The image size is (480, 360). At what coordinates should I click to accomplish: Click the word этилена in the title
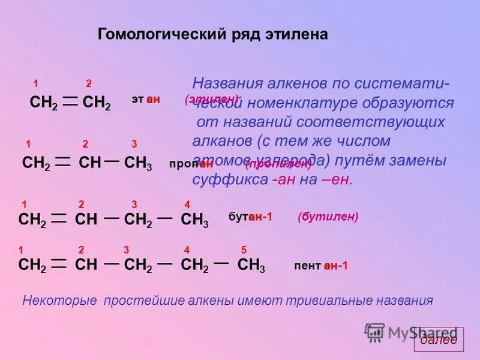click(x=298, y=34)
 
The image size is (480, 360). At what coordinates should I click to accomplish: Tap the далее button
click(x=438, y=340)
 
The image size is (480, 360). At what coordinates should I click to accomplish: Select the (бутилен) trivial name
click(x=328, y=217)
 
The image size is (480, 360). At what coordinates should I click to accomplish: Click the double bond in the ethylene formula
click(x=70, y=103)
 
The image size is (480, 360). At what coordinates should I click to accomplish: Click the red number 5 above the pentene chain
click(x=244, y=250)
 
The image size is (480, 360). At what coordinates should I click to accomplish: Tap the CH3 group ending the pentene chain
click(x=251, y=265)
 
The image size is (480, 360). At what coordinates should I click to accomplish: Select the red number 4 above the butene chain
click(x=187, y=205)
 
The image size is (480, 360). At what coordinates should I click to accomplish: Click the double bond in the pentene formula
click(x=59, y=265)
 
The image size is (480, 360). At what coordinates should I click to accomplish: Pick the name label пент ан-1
click(x=321, y=266)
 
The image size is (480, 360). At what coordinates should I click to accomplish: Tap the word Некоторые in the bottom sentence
click(x=59, y=300)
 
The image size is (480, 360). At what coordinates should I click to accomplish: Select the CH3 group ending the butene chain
click(x=194, y=220)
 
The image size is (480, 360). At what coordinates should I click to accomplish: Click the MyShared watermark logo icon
click(x=375, y=332)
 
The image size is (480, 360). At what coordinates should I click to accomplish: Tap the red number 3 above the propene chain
click(x=134, y=144)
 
